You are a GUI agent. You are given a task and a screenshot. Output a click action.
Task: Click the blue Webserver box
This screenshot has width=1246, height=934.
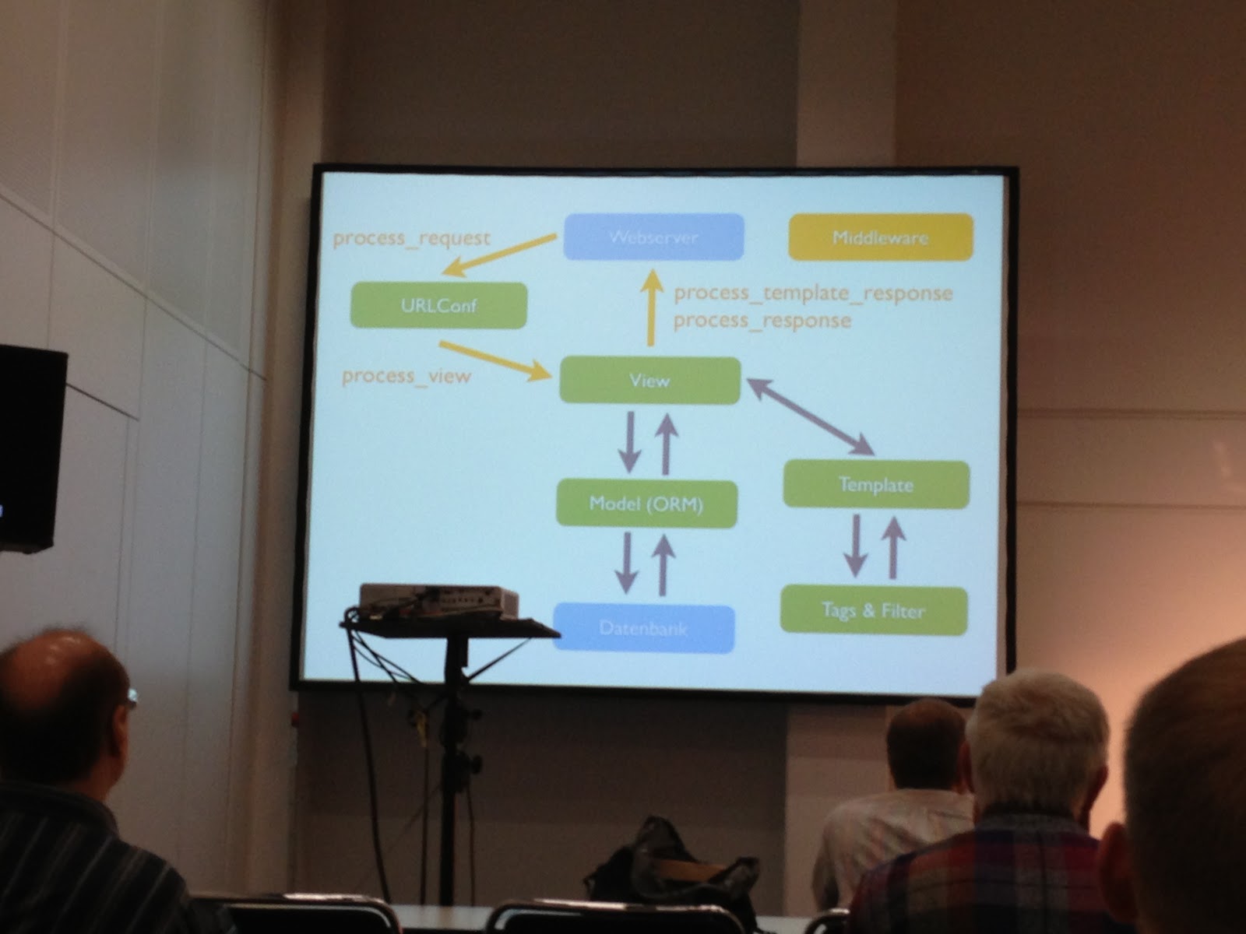click(x=653, y=237)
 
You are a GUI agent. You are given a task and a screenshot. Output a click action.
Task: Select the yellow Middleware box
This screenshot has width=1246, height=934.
click(x=881, y=237)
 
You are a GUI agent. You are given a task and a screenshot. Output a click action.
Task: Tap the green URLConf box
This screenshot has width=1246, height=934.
click(x=439, y=305)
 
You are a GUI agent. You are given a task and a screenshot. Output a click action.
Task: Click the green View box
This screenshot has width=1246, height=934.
click(x=649, y=381)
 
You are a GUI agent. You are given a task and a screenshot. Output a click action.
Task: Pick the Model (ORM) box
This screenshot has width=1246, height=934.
click(x=646, y=504)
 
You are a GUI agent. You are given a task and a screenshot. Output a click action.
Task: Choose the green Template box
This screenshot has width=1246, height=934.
click(x=876, y=485)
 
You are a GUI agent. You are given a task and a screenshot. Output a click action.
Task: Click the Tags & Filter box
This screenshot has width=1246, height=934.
click(x=873, y=609)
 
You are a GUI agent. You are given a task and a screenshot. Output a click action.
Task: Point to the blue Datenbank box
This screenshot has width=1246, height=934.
click(x=643, y=628)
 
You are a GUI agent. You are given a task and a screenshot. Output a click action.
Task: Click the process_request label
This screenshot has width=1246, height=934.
click(x=412, y=238)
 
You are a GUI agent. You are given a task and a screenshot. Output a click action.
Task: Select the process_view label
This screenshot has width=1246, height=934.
click(x=407, y=377)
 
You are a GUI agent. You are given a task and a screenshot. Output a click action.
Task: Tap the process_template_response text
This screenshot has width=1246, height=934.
click(x=813, y=293)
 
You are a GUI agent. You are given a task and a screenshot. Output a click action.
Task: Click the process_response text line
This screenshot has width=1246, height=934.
click(x=762, y=321)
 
